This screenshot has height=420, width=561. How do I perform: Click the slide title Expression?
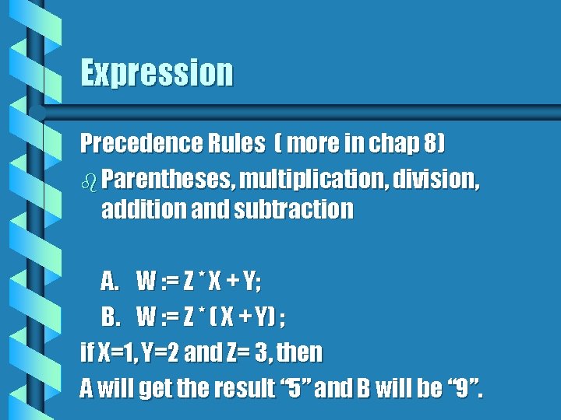(x=157, y=73)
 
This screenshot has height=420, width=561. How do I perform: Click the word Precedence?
(x=132, y=143)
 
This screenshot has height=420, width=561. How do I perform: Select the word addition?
(x=136, y=209)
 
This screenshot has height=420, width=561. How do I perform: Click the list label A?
(x=109, y=280)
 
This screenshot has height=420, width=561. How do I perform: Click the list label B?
(x=109, y=317)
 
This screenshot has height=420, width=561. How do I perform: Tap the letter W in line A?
(x=146, y=280)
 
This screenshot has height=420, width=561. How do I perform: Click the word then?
(x=300, y=352)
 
